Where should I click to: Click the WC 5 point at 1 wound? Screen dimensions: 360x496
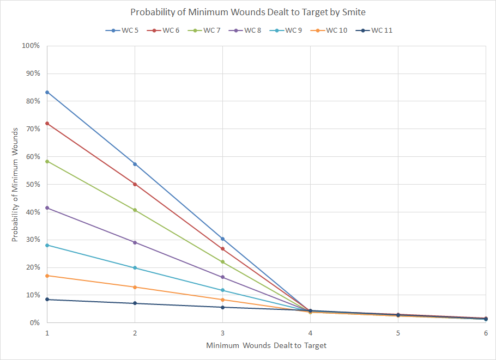point(47,92)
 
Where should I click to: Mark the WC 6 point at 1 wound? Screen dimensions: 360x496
point(47,123)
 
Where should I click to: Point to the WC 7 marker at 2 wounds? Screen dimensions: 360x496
point(135,210)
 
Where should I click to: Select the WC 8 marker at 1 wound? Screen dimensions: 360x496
point(47,208)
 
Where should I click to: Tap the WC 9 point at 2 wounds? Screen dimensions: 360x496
point(135,268)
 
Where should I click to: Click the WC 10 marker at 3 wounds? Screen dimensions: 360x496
point(222,300)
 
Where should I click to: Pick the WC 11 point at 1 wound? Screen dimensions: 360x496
point(47,300)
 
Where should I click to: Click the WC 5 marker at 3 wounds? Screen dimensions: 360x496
point(222,239)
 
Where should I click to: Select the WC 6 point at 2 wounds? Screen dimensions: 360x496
point(135,184)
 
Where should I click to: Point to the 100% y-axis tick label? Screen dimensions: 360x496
point(31,46)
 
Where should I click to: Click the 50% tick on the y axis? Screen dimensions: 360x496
point(32,184)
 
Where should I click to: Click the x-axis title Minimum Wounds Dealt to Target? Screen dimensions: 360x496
point(266,345)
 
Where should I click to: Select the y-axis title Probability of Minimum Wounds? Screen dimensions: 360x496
point(15,184)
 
